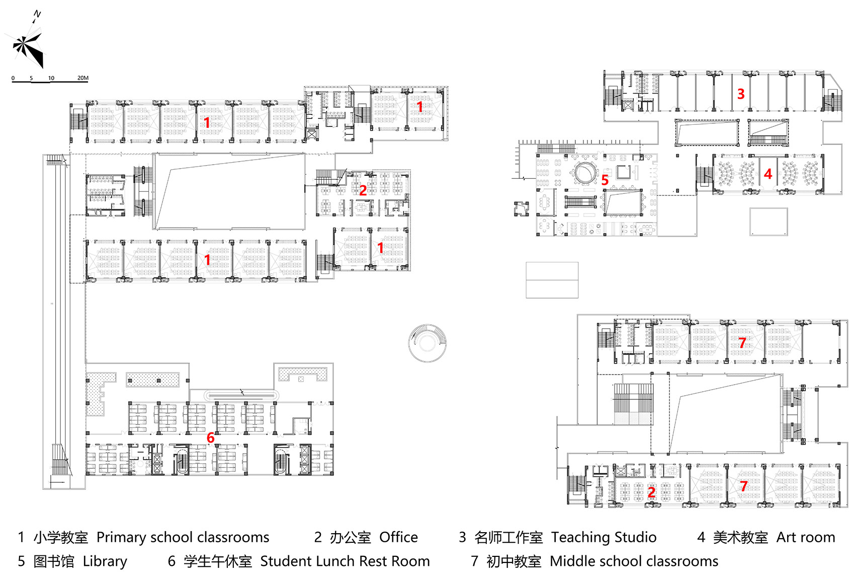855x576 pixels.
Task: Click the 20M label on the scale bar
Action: click(83, 78)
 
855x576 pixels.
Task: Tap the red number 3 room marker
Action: click(741, 94)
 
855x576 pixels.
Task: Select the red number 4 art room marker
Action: click(768, 174)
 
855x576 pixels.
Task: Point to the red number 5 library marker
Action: click(605, 180)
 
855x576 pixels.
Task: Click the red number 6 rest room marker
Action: click(211, 438)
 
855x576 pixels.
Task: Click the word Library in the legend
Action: click(105, 561)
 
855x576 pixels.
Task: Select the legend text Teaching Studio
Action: click(604, 537)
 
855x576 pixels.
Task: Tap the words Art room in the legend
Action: click(805, 537)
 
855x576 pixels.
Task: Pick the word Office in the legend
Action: click(398, 537)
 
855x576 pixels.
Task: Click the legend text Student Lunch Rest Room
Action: click(345, 561)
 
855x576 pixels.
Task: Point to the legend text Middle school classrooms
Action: click(634, 561)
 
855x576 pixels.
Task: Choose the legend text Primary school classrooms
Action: click(183, 537)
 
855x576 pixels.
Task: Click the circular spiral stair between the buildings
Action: click(427, 343)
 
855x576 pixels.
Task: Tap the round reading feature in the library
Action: click(584, 172)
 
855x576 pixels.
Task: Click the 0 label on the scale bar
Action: click(13, 78)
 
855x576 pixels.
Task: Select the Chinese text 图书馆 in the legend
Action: click(54, 561)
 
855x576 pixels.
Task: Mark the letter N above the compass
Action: click(37, 14)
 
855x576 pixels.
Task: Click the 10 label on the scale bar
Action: click(51, 78)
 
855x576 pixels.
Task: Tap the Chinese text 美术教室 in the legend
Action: click(740, 537)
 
